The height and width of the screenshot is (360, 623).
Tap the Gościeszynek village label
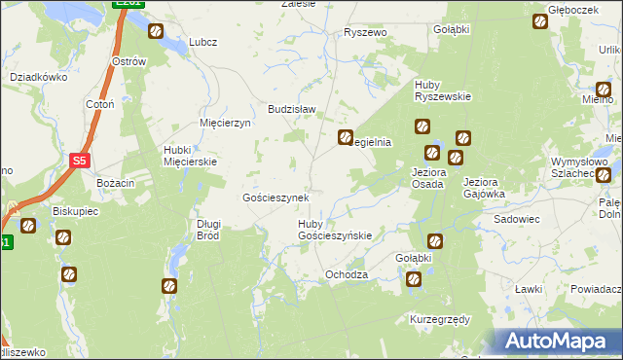275,198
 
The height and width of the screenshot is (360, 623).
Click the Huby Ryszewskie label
443,90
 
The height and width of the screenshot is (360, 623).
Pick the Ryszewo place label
365,32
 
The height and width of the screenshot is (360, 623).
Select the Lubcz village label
202,42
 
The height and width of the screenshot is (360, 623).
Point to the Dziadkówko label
36,76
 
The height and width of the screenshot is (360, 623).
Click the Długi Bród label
209,230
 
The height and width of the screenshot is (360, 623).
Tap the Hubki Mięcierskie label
185,156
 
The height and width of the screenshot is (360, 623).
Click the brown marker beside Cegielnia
345,138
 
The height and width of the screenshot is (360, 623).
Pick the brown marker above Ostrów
156,32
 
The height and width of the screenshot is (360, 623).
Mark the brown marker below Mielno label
604,176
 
